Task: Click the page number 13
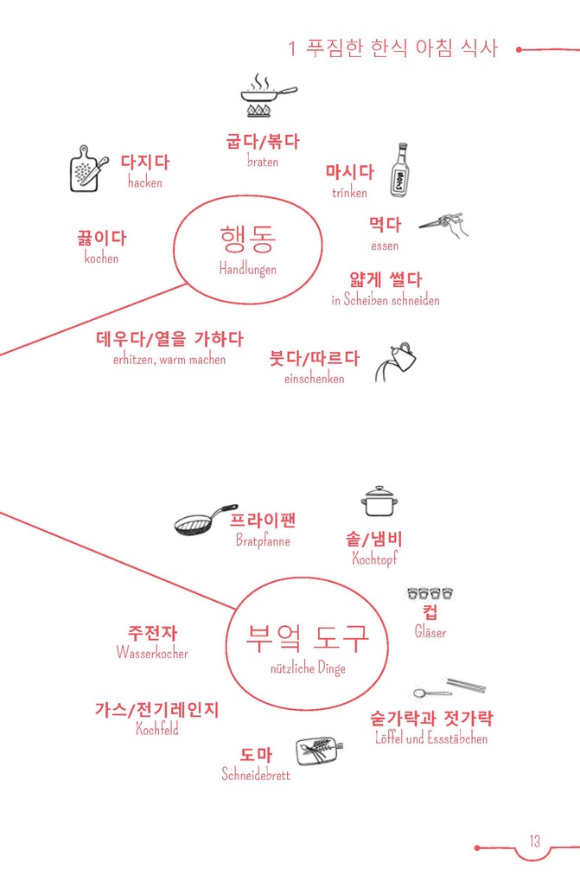[535, 841]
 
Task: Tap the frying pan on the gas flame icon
[266, 97]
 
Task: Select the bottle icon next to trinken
[399, 170]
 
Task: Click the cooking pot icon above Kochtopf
[379, 502]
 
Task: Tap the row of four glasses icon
[430, 594]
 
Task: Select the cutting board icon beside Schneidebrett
[316, 750]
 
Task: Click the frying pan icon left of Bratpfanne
[204, 521]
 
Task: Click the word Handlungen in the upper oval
[247, 270]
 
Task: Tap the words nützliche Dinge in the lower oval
[308, 668]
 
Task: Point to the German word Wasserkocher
[152, 654]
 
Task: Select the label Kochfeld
[157, 729]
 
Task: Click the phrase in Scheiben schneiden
[385, 301]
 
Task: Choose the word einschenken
[314, 379]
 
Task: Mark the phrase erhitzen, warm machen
[169, 360]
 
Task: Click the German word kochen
[101, 259]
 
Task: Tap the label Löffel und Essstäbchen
[431, 739]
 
